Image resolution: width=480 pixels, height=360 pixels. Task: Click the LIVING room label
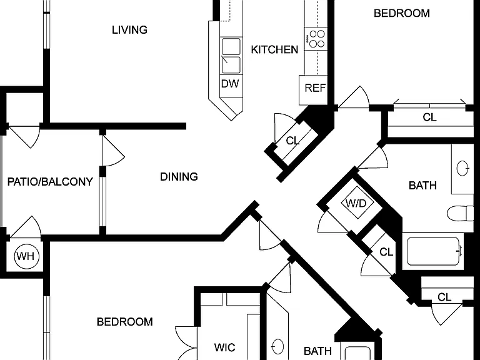tap(129, 30)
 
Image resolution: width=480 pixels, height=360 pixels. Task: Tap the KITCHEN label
tap(274, 49)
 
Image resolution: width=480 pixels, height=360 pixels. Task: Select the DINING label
tap(179, 177)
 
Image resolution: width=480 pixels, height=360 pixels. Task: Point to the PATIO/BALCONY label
tap(50, 182)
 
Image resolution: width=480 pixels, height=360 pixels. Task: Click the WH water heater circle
tap(27, 256)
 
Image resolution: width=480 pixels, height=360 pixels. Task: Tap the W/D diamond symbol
tap(357, 202)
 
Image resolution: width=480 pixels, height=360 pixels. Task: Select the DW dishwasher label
tap(230, 84)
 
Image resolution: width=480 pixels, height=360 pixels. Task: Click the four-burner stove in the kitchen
tap(316, 39)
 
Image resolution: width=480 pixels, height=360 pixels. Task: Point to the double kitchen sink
tap(231, 56)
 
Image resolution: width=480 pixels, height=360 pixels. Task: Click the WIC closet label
tap(225, 347)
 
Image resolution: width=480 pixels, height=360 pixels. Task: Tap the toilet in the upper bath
tap(461, 213)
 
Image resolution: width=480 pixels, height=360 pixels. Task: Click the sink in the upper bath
tap(462, 168)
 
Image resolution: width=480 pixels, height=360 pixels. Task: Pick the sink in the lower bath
tap(277, 346)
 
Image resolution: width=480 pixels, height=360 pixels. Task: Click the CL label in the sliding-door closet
tap(429, 117)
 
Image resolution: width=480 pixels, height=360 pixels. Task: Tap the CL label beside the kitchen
tap(292, 141)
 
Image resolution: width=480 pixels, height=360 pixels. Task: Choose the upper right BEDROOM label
tap(402, 13)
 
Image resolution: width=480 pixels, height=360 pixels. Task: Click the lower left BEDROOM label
tap(124, 322)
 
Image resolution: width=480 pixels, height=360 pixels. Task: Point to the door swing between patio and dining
tap(114, 151)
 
